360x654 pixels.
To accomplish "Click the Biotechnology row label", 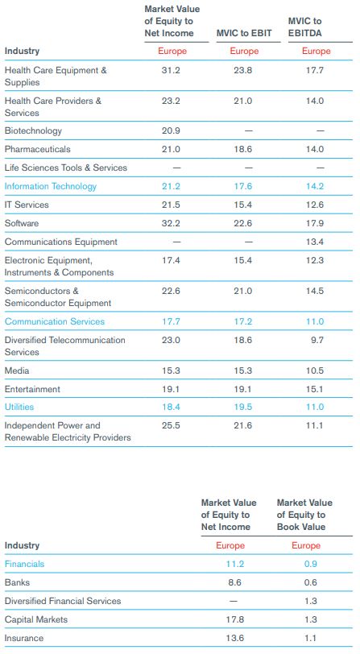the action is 33,131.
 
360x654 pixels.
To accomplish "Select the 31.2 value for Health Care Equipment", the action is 171,70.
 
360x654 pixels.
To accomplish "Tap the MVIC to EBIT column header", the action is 244,33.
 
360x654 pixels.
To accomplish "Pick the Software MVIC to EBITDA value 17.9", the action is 315,223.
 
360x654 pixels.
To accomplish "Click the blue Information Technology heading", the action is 51,186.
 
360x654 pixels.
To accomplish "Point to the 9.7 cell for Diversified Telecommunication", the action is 317,340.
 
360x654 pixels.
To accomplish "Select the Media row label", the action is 17,370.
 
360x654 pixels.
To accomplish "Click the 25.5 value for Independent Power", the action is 171,425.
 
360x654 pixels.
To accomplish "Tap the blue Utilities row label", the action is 19,407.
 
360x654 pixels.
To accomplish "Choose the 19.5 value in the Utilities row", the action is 242,407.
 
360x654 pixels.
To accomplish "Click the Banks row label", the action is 17,582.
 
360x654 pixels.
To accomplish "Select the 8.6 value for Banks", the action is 235,582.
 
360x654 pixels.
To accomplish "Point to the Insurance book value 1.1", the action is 310,638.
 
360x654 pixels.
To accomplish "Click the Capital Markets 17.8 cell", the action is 235,619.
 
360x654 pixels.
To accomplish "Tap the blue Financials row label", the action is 24,564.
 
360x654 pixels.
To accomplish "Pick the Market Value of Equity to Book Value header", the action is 304,515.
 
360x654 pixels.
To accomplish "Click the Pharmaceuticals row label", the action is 38,149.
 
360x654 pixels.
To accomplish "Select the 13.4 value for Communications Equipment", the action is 315,242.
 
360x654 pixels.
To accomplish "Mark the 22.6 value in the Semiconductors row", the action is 171,291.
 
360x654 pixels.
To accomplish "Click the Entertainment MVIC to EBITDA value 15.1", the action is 315,389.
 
